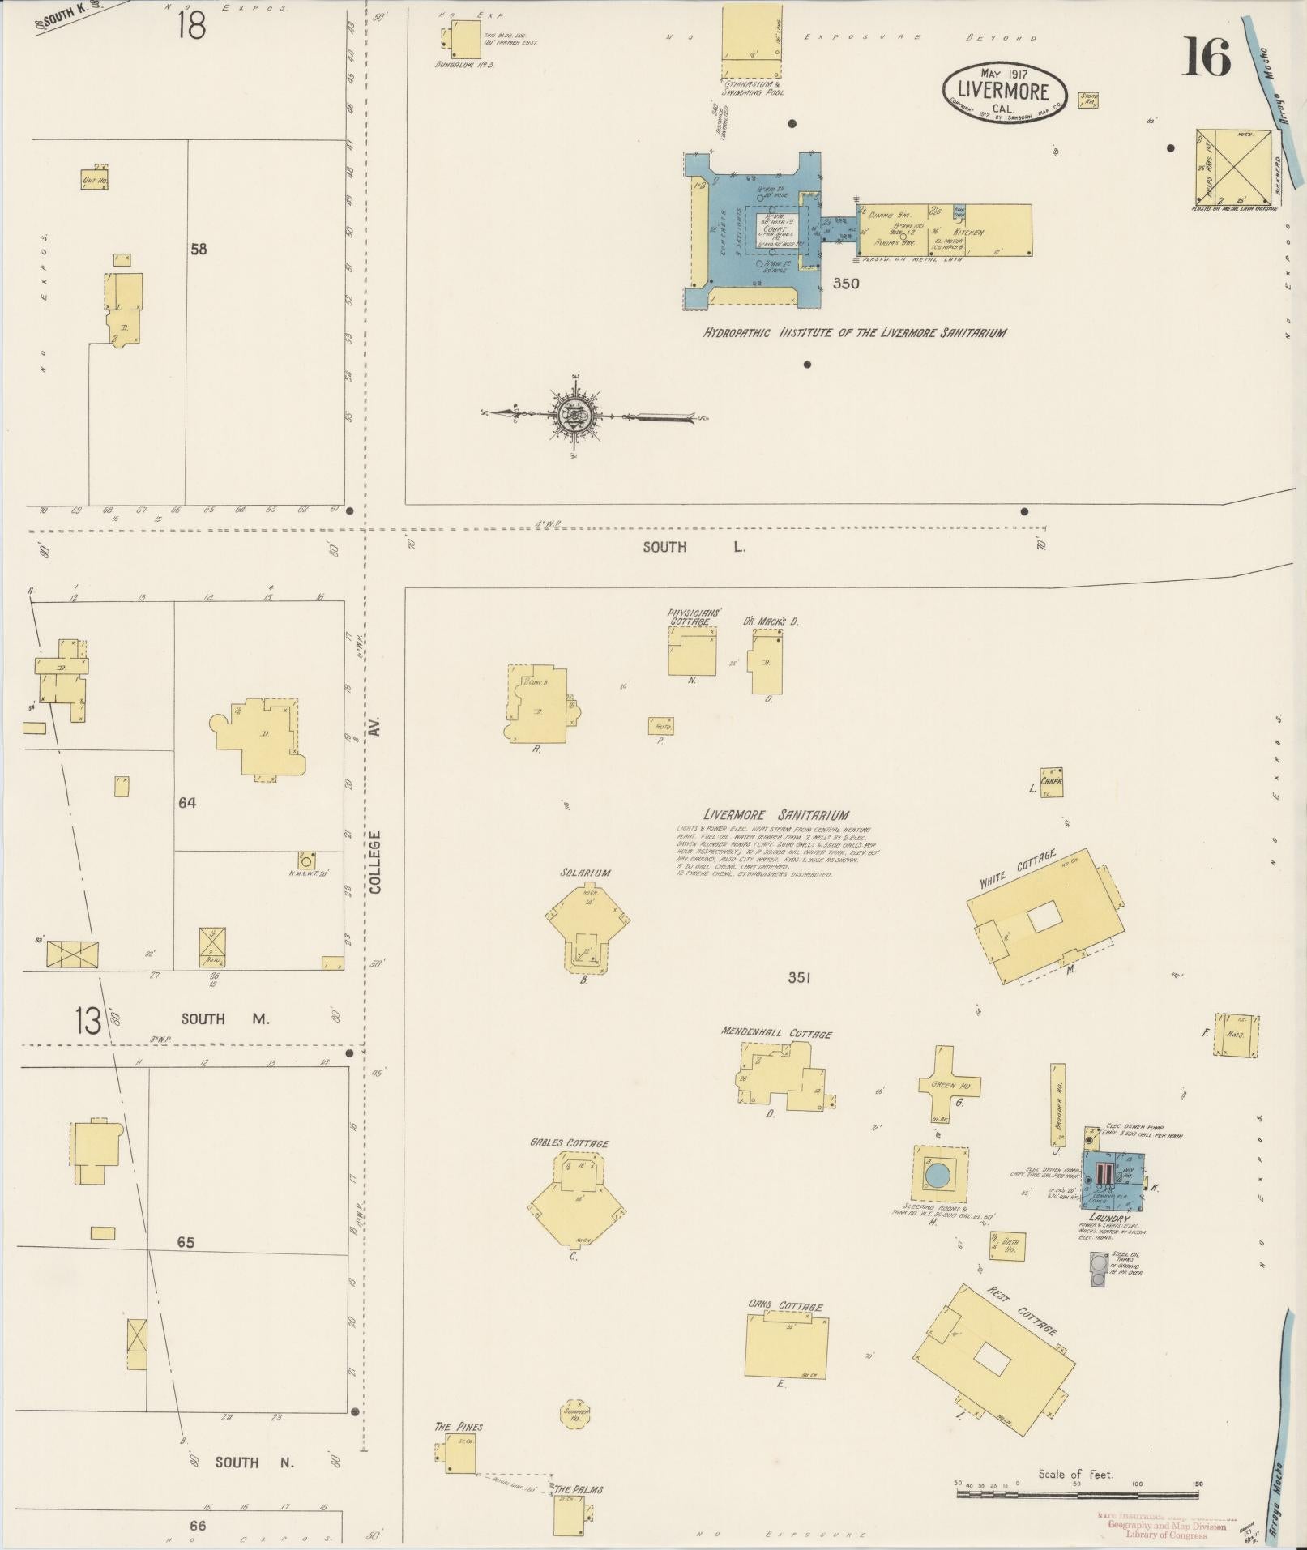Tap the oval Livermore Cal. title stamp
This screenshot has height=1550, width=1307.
click(x=1005, y=91)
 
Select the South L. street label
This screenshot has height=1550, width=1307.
click(x=693, y=547)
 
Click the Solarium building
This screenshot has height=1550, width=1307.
click(x=586, y=925)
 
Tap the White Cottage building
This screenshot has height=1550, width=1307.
click(x=1046, y=916)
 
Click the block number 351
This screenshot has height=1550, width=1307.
click(x=799, y=978)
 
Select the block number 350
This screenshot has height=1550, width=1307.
click(x=846, y=284)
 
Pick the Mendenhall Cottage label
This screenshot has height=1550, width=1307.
click(x=776, y=1034)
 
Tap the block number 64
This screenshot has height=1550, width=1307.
click(x=187, y=803)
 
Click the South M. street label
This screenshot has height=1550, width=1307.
click(x=225, y=1018)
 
